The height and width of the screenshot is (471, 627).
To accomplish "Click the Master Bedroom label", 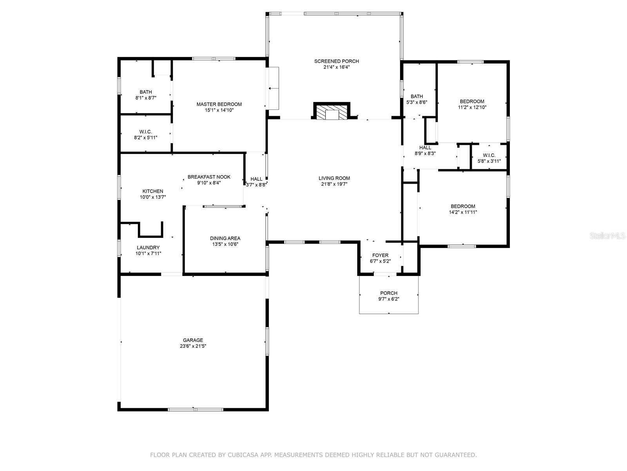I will point(219,104).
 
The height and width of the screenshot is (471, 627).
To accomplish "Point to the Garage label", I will point(193,340).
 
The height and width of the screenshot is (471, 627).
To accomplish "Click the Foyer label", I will point(380,255).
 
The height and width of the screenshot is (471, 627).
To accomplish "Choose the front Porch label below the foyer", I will point(388,293).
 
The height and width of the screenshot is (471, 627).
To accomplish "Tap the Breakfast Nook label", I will point(209,177).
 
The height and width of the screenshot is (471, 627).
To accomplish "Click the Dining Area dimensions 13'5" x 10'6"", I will point(225,244).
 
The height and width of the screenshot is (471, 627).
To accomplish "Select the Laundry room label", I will point(148,247).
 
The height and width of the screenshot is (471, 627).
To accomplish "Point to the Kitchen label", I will point(153,191).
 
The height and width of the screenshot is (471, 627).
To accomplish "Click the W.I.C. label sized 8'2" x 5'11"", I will point(145,131).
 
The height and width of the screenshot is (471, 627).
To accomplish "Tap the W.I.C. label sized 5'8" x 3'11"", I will point(489,155).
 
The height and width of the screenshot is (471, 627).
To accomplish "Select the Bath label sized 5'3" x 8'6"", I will point(417,96).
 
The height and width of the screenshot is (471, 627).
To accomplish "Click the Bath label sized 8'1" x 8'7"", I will point(145,92).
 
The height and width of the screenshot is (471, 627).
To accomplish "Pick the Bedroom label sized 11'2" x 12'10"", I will point(472,101).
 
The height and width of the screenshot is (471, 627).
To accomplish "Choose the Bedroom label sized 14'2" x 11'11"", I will point(463,206).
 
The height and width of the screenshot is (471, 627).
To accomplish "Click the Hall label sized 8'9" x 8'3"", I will point(425,148).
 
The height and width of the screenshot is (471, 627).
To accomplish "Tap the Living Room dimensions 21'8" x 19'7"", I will point(334,184).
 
